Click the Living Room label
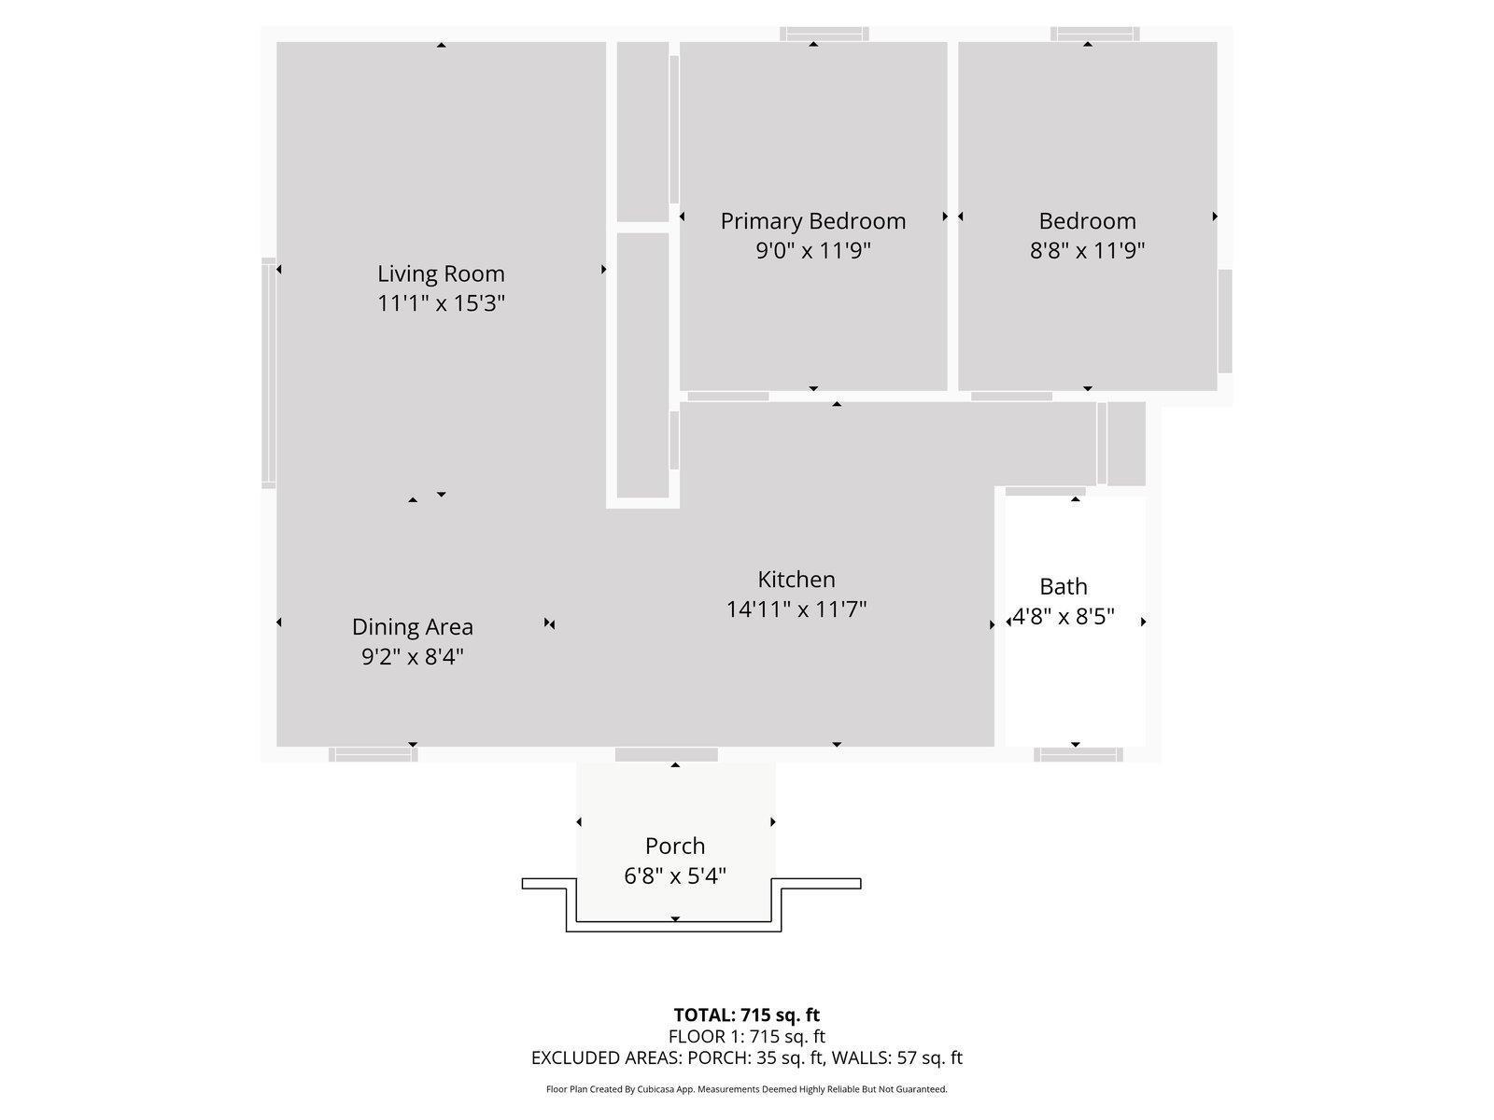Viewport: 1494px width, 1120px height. pyautogui.click(x=441, y=273)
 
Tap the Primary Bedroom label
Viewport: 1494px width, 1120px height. pyautogui.click(x=812, y=221)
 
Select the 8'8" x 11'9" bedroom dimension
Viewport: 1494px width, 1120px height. pyautogui.click(x=1087, y=250)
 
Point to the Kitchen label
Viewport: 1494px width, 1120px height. pyautogui.click(x=796, y=580)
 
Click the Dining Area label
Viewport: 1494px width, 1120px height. pyautogui.click(x=412, y=626)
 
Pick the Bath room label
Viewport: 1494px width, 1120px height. pyautogui.click(x=1064, y=586)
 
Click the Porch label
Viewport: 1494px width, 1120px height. pyautogui.click(x=674, y=846)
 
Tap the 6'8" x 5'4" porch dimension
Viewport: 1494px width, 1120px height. pyautogui.click(x=674, y=875)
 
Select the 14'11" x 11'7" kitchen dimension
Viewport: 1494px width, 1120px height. pyautogui.click(x=796, y=609)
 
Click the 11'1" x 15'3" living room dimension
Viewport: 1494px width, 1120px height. pyautogui.click(x=441, y=303)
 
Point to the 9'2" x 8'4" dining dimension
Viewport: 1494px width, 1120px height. pyautogui.click(x=412, y=656)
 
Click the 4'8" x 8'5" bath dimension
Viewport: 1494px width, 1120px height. pyautogui.click(x=1064, y=617)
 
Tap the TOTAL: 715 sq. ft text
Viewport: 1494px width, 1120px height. pyautogui.click(x=746, y=1015)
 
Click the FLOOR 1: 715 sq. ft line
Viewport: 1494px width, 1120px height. pyautogui.click(x=746, y=1036)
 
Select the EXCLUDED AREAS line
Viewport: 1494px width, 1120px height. pyautogui.click(x=746, y=1057)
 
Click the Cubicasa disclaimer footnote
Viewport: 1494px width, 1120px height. pyautogui.click(x=746, y=1089)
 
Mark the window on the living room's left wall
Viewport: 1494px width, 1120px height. pyautogui.click(x=269, y=372)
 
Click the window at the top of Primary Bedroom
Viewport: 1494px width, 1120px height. pyautogui.click(x=824, y=35)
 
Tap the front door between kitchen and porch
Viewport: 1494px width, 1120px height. pyautogui.click(x=666, y=754)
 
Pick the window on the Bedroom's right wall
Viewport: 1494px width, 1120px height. pyautogui.click(x=1225, y=321)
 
